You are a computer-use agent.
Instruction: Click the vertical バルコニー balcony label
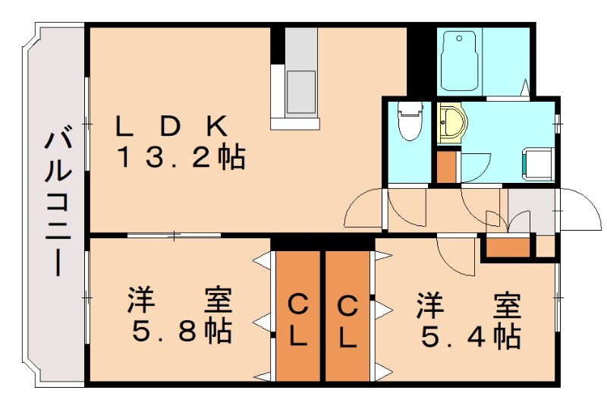coord(58,203)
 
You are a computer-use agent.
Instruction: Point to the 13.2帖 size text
coord(180,158)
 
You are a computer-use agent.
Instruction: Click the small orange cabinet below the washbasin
coord(446,167)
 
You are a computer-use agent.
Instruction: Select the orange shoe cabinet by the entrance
coord(507,247)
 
